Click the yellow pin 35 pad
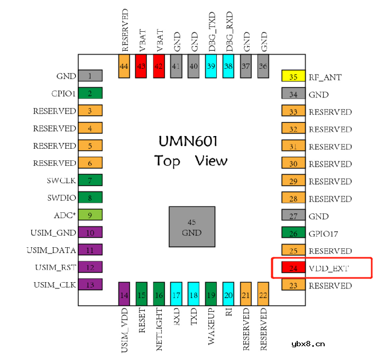point(293,76)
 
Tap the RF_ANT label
point(325,77)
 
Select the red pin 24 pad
point(293,267)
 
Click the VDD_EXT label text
point(329,268)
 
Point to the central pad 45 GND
point(192,227)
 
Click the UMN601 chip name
point(188,141)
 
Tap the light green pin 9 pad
point(90,214)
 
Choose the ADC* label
point(65,215)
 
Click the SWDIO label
point(61,197)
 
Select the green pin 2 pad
point(90,93)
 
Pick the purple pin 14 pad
point(124,294)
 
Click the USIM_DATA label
point(51,250)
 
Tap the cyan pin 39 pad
point(211,66)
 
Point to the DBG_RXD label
point(229,31)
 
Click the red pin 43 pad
point(141,66)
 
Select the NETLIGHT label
point(159,329)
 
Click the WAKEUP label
point(212,326)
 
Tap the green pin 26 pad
point(293,232)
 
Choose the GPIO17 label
point(323,233)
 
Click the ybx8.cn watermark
point(308,344)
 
